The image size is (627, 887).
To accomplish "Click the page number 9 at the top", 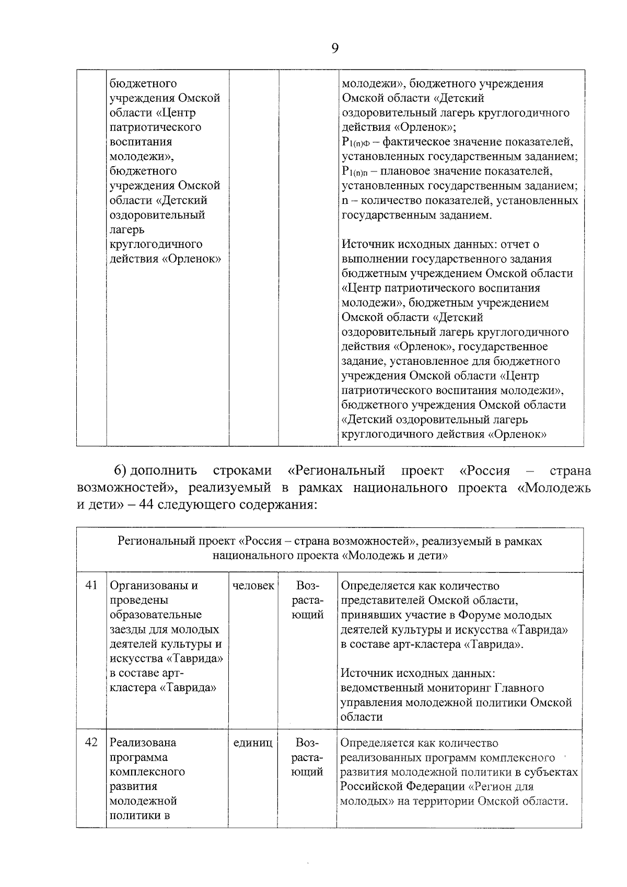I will coord(334,48).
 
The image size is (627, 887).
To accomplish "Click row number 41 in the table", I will coord(91,585).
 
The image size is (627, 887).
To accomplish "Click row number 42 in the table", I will coord(91,742).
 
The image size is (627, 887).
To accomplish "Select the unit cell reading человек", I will coord(253,585).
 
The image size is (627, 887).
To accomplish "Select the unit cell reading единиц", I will coord(253,742).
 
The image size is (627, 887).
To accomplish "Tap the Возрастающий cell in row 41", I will coord(307,600).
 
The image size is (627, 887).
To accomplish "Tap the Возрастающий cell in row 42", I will coord(307,757).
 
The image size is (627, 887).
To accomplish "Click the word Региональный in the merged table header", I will coord(151,541).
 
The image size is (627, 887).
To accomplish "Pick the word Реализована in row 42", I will coord(143,742).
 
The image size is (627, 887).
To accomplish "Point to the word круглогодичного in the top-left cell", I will coord(156,244).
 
